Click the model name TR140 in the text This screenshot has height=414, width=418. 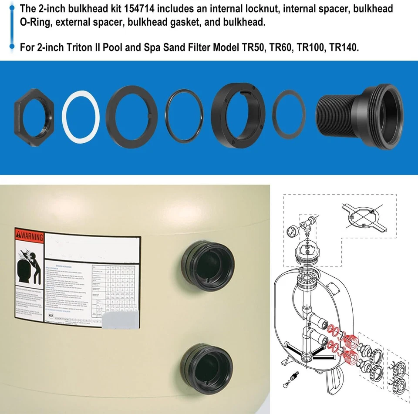click(x=344, y=47)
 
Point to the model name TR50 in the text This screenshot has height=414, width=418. click(x=252, y=47)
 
